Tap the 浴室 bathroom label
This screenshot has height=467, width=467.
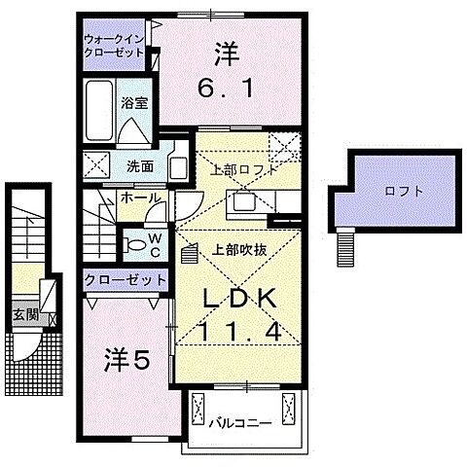pyautogui.click(x=133, y=100)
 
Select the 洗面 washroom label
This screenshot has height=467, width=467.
pyautogui.click(x=139, y=165)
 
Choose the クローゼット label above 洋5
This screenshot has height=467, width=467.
pyautogui.click(x=125, y=279)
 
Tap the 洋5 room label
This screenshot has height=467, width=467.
pyautogui.click(x=126, y=360)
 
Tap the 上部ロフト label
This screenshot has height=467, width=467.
pyautogui.click(x=237, y=169)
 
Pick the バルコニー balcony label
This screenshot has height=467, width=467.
pyautogui.click(x=237, y=423)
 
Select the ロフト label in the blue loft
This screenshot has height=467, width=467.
pyautogui.click(x=404, y=192)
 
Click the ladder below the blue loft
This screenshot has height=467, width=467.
pyautogui.click(x=345, y=247)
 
